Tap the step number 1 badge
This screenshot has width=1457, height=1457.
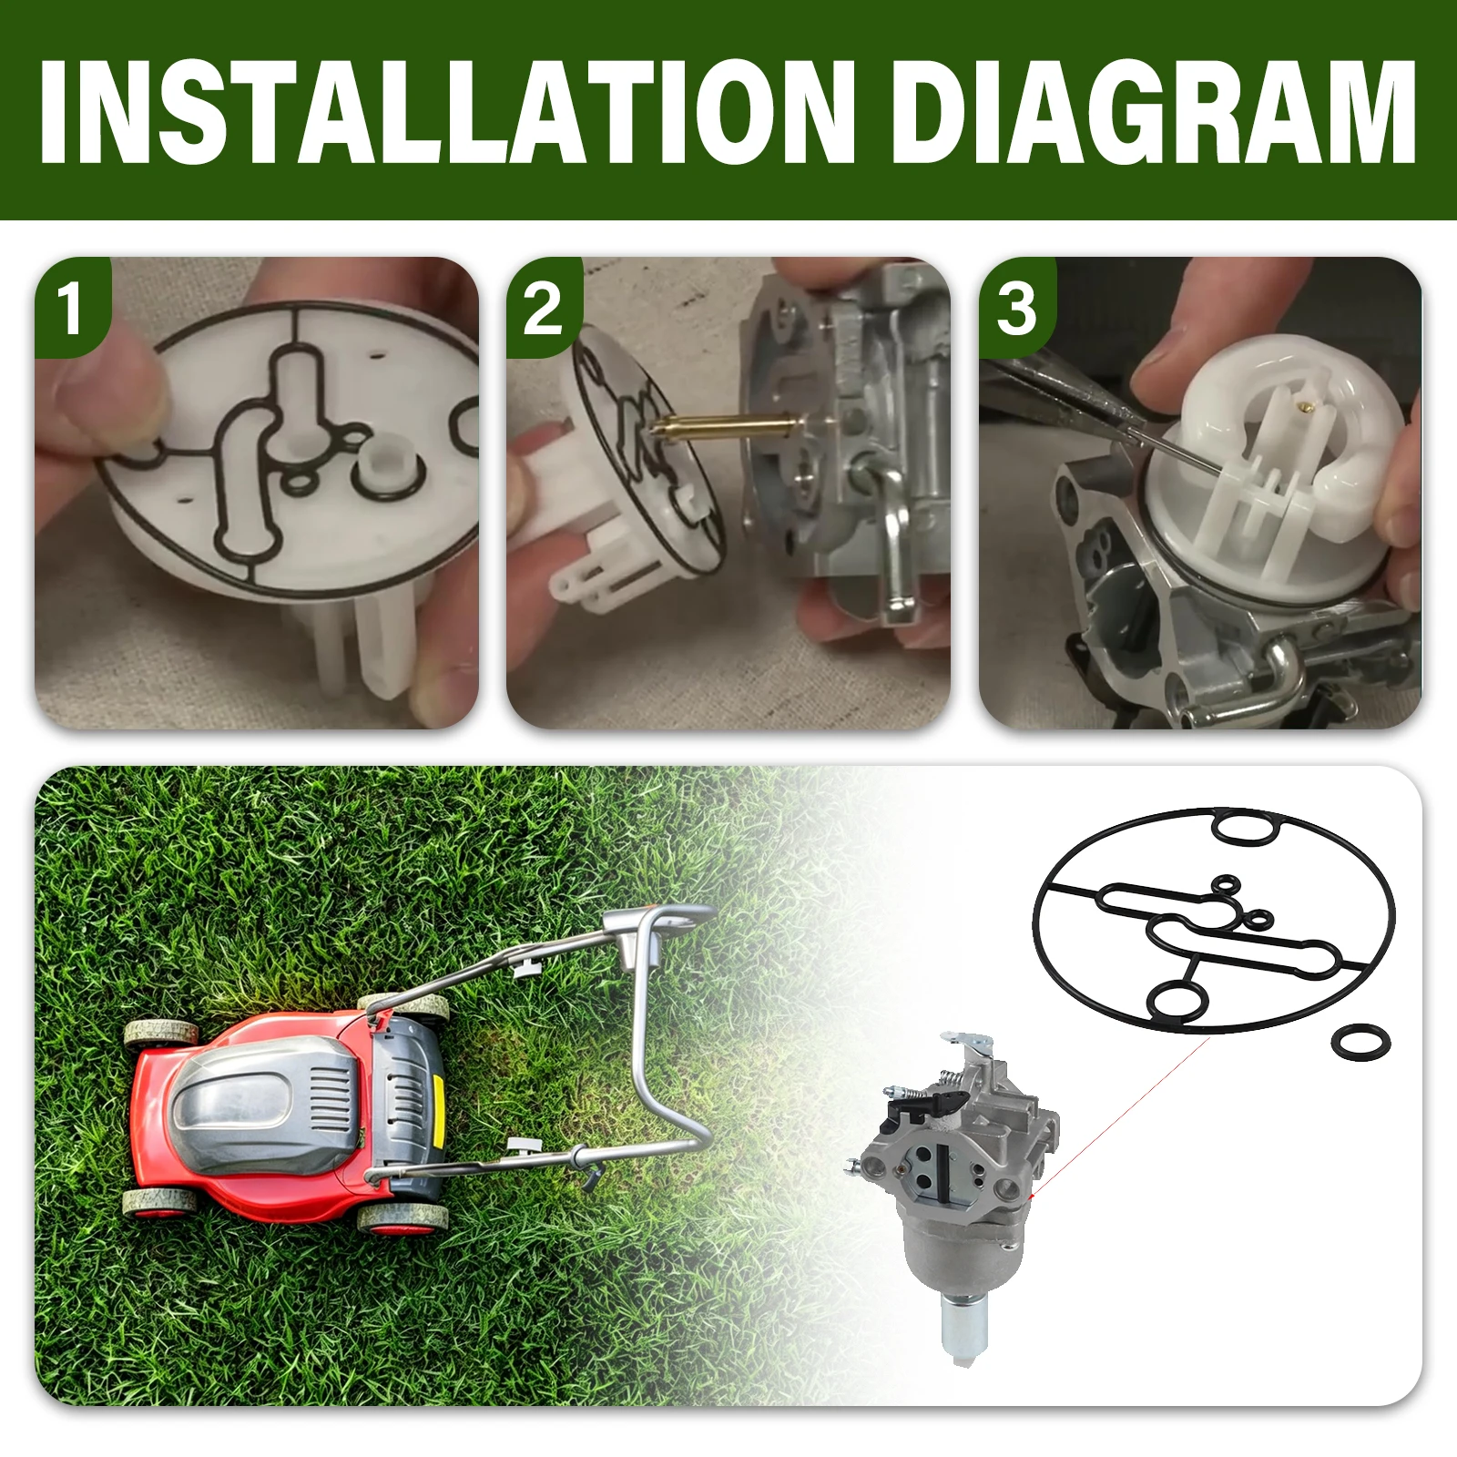72,307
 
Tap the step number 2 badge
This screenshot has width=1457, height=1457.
544,308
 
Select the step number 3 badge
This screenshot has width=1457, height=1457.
1016,308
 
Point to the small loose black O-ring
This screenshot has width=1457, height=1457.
1360,1042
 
